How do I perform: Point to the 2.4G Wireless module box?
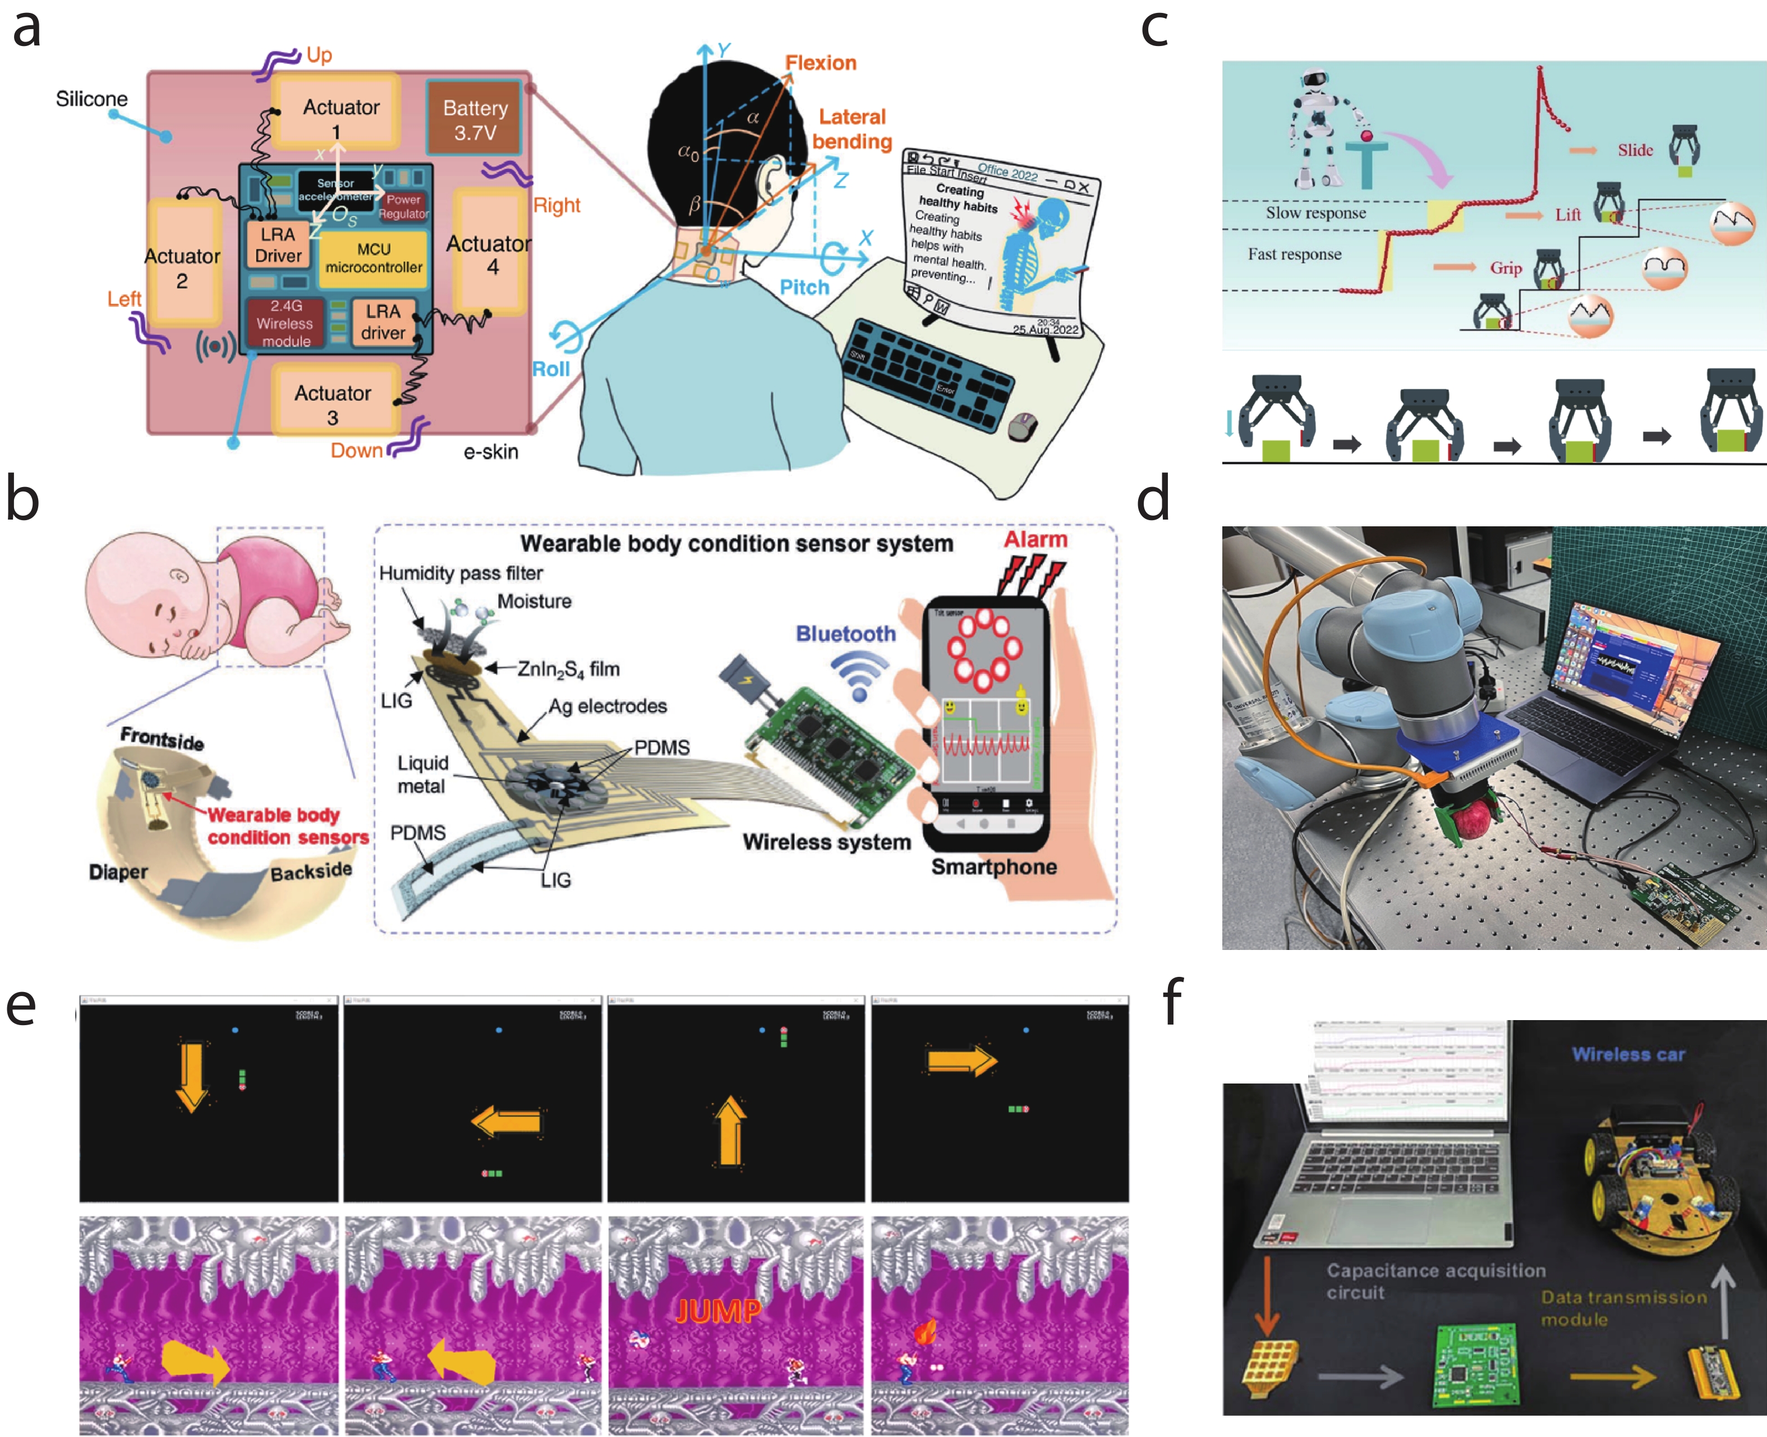point(285,323)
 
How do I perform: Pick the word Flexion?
point(820,63)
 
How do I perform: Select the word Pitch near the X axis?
point(804,287)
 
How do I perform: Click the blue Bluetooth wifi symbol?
point(860,673)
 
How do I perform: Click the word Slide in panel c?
point(1635,150)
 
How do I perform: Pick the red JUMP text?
point(717,1310)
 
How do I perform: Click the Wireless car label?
point(1628,1054)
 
